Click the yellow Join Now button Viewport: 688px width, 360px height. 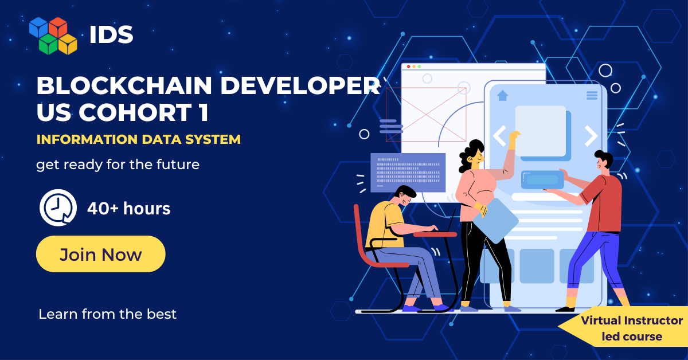[101, 254]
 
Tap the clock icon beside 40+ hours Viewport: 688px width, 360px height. [58, 208]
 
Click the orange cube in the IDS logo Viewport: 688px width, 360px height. [58, 27]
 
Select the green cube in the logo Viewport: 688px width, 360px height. [49, 44]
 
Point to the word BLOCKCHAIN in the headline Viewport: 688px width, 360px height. [124, 85]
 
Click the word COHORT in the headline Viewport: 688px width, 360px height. [136, 112]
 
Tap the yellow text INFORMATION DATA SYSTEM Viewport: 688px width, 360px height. [139, 139]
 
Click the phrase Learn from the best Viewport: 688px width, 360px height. [108, 314]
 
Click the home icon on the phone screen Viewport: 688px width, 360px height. [502, 95]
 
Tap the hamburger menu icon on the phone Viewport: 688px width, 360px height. [592, 96]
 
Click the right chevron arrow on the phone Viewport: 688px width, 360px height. [591, 135]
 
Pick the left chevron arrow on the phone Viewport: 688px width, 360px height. [499, 135]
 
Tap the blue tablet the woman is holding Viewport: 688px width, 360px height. [496, 221]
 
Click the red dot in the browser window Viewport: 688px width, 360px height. [408, 66]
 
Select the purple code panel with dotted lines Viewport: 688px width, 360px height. [408, 173]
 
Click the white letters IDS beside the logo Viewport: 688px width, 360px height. [111, 34]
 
